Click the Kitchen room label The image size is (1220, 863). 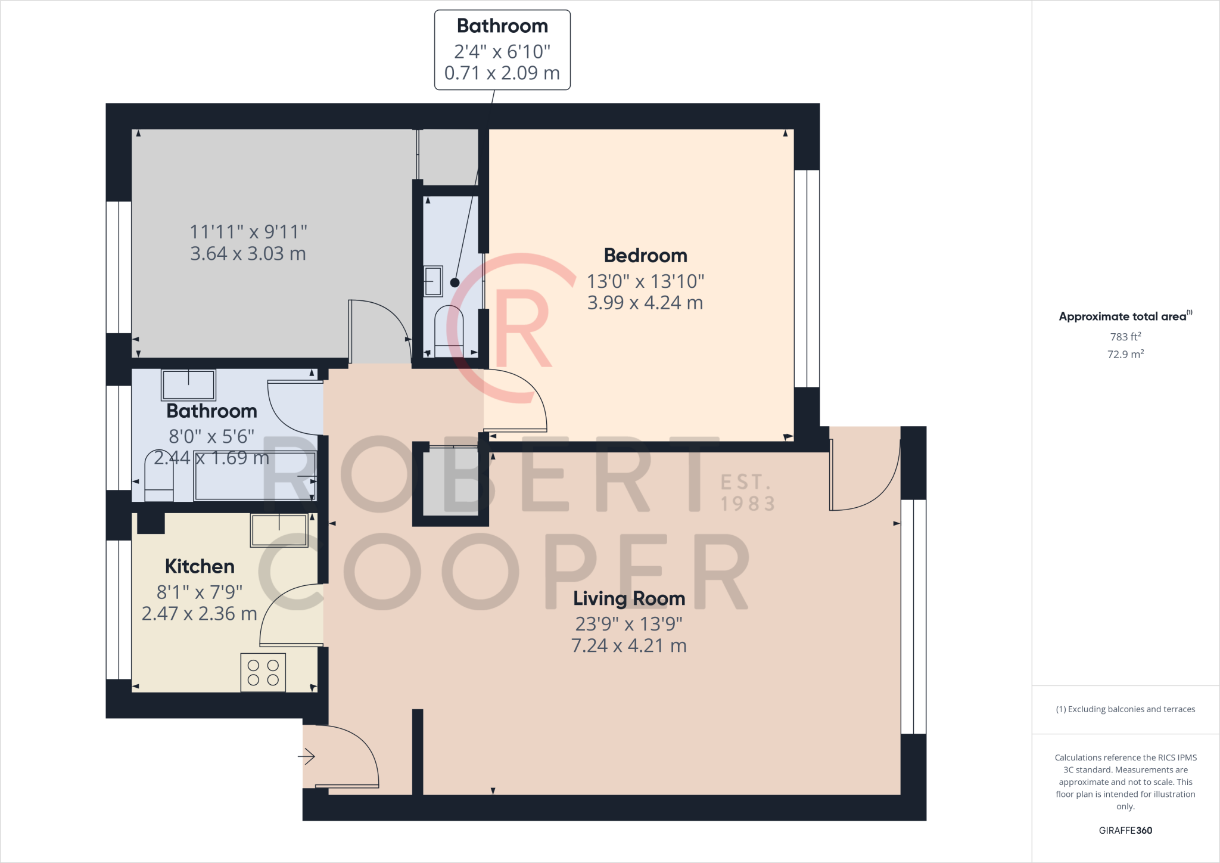click(x=200, y=566)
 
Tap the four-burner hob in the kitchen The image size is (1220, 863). click(x=263, y=673)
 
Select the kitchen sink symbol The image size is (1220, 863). click(x=279, y=530)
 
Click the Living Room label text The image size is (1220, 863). click(x=629, y=598)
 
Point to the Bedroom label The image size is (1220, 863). click(x=645, y=256)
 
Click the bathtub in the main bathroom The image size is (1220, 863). click(x=254, y=476)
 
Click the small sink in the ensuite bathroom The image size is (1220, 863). click(x=433, y=281)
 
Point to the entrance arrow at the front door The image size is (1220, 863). click(x=306, y=757)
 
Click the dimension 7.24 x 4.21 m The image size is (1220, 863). click(x=629, y=645)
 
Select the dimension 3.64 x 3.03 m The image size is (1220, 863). click(x=248, y=254)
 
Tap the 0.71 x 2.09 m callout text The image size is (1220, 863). click(x=502, y=73)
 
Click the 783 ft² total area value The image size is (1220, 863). click(x=1125, y=337)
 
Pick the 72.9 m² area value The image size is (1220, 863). click(x=1125, y=354)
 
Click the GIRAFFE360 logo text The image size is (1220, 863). click(x=1125, y=830)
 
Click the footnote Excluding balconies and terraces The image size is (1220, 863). click(x=1125, y=709)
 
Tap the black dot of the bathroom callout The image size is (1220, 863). click(x=455, y=283)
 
